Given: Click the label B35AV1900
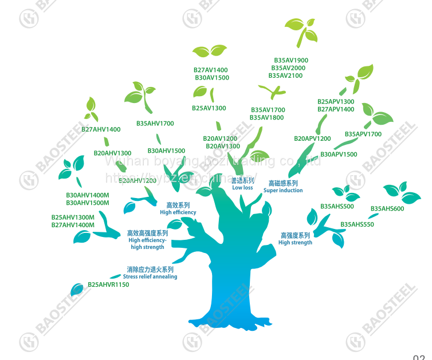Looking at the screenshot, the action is (x=290, y=60).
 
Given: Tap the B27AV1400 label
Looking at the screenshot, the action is (x=210, y=70).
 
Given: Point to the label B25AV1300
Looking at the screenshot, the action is (x=209, y=108).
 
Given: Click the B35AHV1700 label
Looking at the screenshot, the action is (x=155, y=124).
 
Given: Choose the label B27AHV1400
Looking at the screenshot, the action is (x=101, y=129).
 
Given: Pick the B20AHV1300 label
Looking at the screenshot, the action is (x=112, y=153).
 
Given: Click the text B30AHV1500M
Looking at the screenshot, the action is (x=87, y=203).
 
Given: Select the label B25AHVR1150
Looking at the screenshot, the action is (x=108, y=284).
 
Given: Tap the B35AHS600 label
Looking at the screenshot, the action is (x=387, y=208).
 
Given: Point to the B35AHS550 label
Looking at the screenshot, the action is (x=357, y=224).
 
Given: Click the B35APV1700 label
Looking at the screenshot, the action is (x=363, y=134).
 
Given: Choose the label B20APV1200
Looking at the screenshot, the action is (x=312, y=139).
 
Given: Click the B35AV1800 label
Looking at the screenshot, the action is (x=266, y=118).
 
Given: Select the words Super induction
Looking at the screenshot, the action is (x=283, y=191).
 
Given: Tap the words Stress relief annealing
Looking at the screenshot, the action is (x=150, y=276).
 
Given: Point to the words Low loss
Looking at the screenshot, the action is (x=242, y=188).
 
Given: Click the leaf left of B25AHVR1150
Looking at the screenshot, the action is (x=76, y=288).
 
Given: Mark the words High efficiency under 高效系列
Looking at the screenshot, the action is (x=178, y=212).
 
